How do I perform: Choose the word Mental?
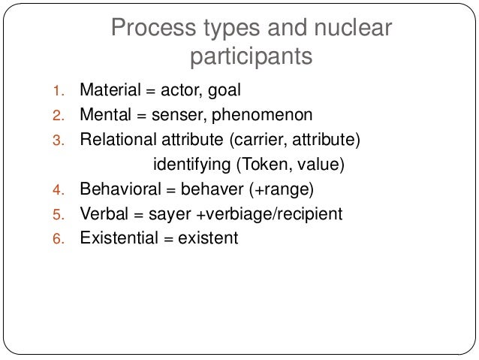point(106,116)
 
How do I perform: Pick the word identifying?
point(192,165)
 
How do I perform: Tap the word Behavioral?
point(116,189)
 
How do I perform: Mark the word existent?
point(207,238)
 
